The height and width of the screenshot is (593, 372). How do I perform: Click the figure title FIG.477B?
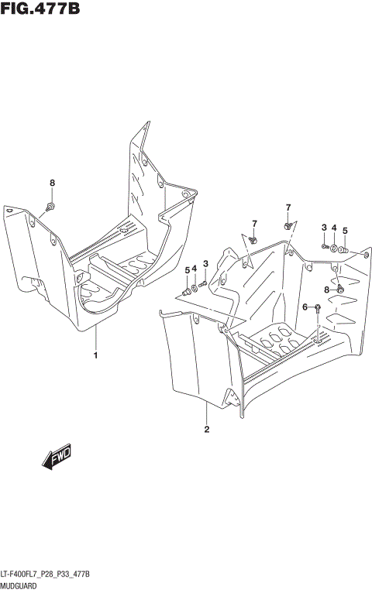[x=40, y=9]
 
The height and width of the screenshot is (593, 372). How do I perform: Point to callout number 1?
[x=95, y=356]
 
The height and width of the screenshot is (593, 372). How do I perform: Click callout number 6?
[x=305, y=307]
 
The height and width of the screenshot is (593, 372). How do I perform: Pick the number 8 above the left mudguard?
[x=52, y=183]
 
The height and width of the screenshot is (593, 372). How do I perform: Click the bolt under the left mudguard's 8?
[x=50, y=206]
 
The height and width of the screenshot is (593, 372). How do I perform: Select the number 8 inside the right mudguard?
[x=327, y=289]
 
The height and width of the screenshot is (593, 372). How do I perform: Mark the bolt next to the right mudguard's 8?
[x=339, y=289]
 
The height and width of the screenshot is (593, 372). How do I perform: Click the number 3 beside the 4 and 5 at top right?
[x=324, y=227]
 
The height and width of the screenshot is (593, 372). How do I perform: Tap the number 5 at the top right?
[x=345, y=230]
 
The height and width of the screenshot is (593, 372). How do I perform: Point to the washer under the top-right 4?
[x=333, y=249]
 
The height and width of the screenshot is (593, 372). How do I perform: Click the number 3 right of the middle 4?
[x=205, y=265]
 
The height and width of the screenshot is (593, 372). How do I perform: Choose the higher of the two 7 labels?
[x=288, y=207]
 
